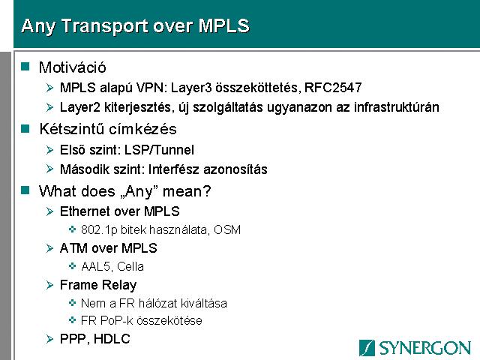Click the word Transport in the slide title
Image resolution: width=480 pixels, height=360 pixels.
click(106, 26)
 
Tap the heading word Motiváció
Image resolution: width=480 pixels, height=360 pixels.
click(73, 67)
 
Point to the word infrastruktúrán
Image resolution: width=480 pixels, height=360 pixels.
click(397, 107)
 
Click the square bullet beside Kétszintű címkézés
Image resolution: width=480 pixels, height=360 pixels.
click(25, 128)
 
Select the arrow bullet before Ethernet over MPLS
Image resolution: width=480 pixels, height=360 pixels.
click(50, 211)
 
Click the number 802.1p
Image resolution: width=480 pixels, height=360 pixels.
click(99, 230)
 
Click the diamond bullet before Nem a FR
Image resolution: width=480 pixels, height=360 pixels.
click(72, 303)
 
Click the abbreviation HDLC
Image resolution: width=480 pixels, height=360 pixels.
click(112, 339)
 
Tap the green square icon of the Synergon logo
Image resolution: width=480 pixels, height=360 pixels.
click(367, 348)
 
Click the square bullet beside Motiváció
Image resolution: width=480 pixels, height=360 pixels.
click(25, 67)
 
